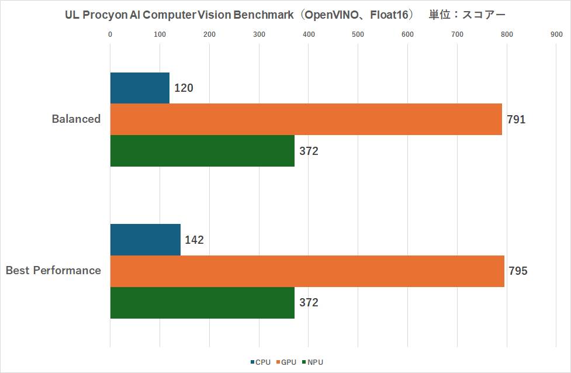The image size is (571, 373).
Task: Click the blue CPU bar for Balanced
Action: click(140, 88)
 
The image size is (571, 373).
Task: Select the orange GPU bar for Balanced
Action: click(306, 119)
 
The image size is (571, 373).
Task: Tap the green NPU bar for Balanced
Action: click(202, 151)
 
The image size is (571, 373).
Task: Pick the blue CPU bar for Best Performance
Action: click(146, 240)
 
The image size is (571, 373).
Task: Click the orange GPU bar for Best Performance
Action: click(307, 271)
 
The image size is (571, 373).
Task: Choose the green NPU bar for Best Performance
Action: click(202, 303)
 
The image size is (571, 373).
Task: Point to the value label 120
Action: click(184, 88)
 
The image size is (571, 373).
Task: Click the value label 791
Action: click(516, 120)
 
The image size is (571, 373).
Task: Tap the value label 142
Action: click(194, 240)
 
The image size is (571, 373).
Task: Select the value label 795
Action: click(518, 272)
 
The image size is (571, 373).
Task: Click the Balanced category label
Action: click(76, 119)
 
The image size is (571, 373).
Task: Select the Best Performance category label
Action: click(53, 271)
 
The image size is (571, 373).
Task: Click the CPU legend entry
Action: click(261, 362)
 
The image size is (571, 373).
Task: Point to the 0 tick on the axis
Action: click(110, 34)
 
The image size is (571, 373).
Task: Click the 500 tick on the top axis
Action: click(358, 34)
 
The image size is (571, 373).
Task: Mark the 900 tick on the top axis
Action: click(556, 34)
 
